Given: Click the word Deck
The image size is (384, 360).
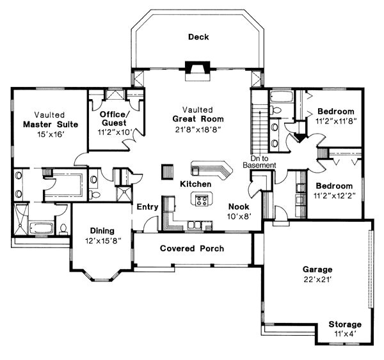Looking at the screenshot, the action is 198,37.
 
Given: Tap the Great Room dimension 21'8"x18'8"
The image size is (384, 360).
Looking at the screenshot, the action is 198,129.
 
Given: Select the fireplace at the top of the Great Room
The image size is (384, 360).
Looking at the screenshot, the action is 198,71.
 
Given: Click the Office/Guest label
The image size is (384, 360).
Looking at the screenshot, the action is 113,118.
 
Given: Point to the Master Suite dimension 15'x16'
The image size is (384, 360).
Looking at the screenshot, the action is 51,134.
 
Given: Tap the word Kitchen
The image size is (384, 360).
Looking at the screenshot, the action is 195,184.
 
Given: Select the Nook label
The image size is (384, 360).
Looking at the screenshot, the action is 239,207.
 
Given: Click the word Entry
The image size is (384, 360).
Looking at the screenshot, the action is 147,207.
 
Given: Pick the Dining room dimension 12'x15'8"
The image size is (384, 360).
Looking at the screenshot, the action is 103,241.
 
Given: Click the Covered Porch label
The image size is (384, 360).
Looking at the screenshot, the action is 192,249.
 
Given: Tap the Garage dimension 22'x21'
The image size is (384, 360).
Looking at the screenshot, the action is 317,279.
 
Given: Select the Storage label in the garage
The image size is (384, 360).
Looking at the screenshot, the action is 345,325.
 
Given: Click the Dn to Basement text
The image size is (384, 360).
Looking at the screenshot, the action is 259,162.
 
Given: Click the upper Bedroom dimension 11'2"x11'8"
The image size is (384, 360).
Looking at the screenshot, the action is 336,121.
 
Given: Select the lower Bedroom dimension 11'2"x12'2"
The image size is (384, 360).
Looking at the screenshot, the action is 335,196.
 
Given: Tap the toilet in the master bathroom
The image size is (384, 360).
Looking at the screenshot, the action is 63,229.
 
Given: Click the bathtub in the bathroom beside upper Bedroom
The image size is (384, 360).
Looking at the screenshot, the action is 281,97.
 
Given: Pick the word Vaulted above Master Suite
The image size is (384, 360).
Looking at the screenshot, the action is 49,115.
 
